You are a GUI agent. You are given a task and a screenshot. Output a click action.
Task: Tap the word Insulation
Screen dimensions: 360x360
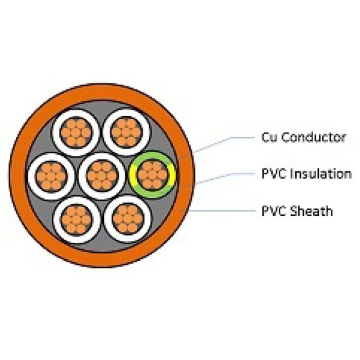coord(320,174)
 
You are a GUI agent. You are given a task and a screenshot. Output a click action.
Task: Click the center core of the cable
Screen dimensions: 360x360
coord(102,175)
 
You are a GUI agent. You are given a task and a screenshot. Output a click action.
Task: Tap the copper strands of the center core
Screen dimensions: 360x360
coord(102,175)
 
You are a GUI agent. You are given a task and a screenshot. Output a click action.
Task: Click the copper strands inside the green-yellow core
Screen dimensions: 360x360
coord(152,175)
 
